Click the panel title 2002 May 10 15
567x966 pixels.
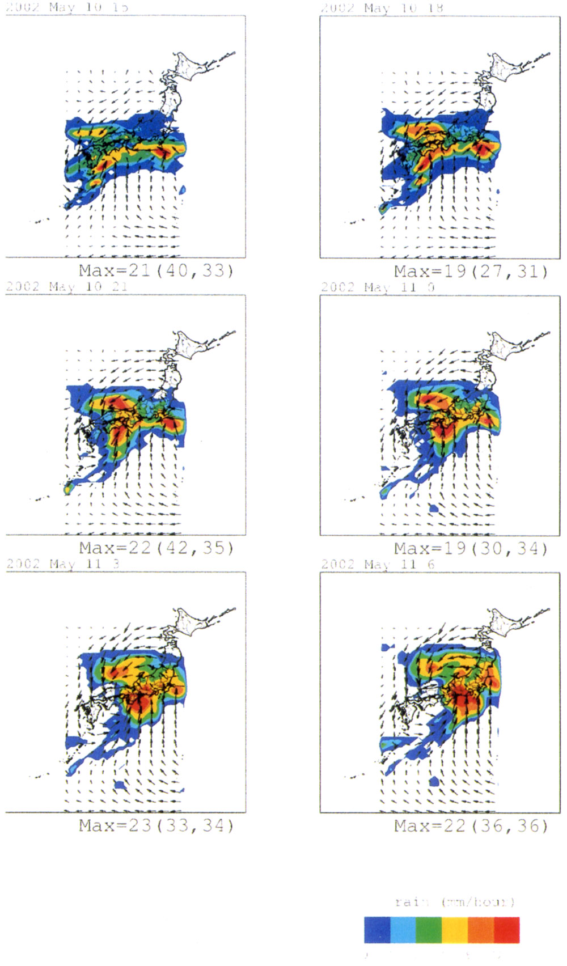67,7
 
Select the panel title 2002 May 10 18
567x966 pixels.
382,8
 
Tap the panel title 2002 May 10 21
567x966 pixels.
67,286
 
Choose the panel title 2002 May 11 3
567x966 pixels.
63,563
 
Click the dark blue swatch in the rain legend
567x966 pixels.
377,930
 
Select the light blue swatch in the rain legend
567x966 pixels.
403,930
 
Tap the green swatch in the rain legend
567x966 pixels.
429,930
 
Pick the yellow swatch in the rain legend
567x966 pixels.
455,930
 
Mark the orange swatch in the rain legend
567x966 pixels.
481,930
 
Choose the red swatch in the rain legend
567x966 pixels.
506,930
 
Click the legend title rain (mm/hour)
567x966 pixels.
455,902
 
